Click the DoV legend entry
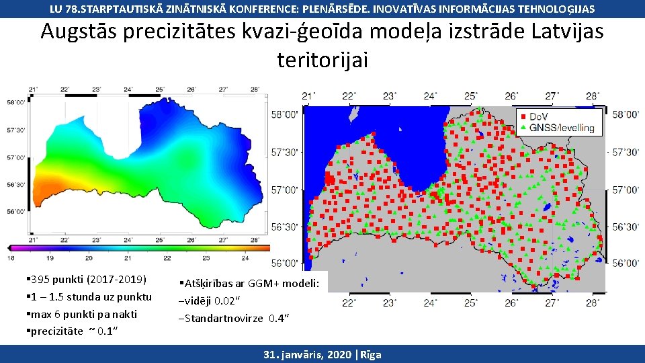pyautogui.click(x=537, y=116)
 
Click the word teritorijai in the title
pyautogui.click(x=322, y=61)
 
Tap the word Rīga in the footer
pyautogui.click(x=369, y=354)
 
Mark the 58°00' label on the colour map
pyautogui.click(x=17, y=102)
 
